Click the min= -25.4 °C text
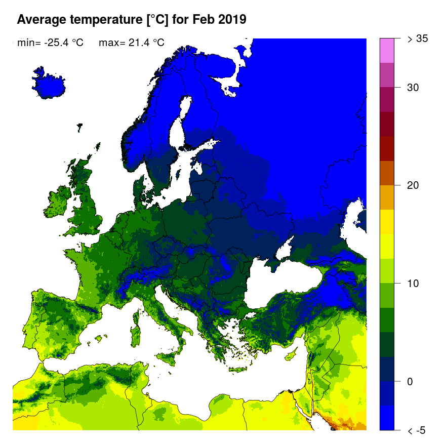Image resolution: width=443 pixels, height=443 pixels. [x=50, y=43]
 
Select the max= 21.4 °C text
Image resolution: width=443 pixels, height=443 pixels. [x=132, y=43]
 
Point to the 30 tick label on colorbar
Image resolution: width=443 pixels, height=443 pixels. [x=413, y=87]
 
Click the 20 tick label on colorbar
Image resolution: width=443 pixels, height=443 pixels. [x=413, y=185]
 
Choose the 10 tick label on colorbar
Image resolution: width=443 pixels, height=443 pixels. [x=413, y=283]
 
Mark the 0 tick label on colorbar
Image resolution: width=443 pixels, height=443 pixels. [x=411, y=381]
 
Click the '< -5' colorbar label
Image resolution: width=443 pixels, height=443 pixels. [x=417, y=430]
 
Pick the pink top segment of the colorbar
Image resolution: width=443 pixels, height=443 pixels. [x=387, y=50]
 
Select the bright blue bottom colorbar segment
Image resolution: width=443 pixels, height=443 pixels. [x=387, y=418]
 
